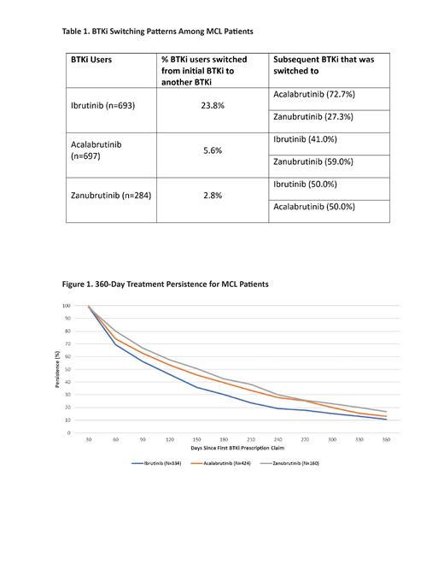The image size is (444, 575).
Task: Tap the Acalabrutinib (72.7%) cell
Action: [x=313, y=94]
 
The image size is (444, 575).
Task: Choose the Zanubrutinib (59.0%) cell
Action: [x=313, y=161]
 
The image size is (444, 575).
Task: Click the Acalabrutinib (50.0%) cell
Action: [x=313, y=207]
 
